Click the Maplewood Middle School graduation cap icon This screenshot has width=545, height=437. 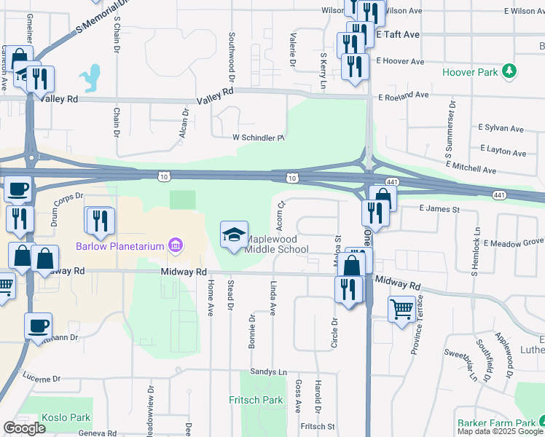(x=234, y=235)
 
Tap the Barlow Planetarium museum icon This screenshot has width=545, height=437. (x=175, y=245)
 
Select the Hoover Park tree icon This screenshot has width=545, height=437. (x=511, y=71)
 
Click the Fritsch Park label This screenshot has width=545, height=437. (x=255, y=400)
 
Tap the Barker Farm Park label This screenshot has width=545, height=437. (x=496, y=423)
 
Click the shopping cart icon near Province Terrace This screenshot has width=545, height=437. (x=401, y=310)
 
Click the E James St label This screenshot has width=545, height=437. (x=440, y=210)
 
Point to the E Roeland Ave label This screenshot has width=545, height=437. (x=403, y=95)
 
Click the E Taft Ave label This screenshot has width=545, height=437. (x=398, y=34)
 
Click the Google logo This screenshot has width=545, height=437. (x=24, y=428)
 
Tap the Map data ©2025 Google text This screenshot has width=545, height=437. (x=500, y=431)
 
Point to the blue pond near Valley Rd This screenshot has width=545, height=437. (x=91, y=77)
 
